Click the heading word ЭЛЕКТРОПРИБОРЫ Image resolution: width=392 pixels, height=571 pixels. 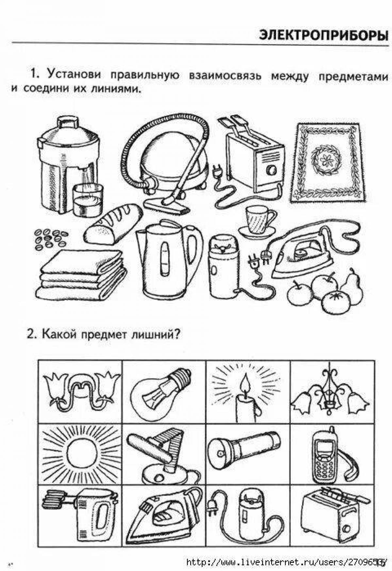pos(323,35)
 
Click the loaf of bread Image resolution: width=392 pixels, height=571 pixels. pos(113,224)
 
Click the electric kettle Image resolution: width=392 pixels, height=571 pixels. pos(169,259)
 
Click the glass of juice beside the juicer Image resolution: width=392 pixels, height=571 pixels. pos(88,200)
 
